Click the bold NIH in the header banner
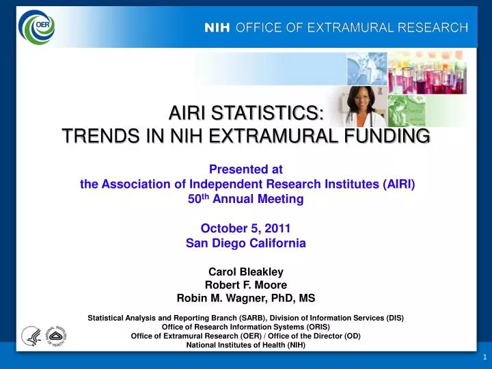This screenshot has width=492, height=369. (218, 28)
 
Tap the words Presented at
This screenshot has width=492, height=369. (245, 169)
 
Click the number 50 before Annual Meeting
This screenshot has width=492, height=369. (193, 200)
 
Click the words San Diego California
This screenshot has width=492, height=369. (245, 243)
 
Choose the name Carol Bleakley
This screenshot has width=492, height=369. (245, 271)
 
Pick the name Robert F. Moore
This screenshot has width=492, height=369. (245, 284)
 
